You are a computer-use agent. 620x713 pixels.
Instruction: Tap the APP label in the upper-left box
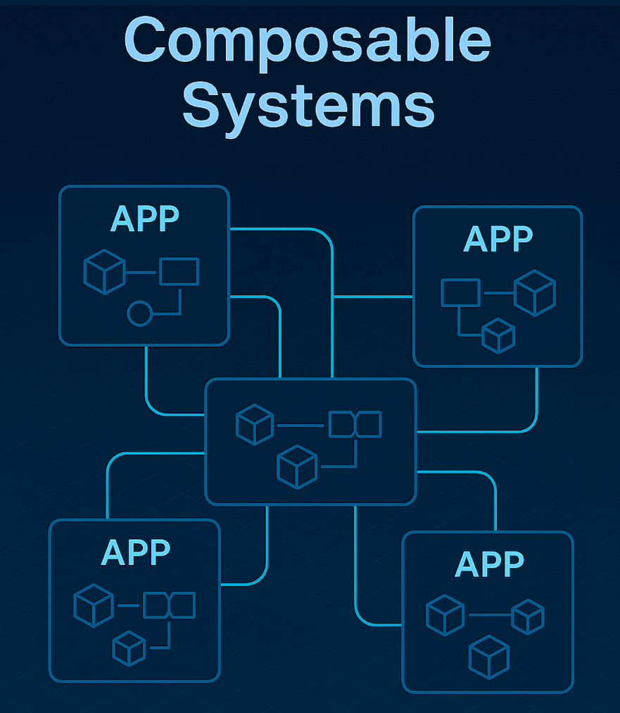pos(144,219)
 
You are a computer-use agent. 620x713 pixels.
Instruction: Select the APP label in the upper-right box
pos(498,240)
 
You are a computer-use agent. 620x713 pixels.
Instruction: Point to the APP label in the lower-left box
pos(135,552)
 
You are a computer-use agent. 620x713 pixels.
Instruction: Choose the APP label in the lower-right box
pos(489,564)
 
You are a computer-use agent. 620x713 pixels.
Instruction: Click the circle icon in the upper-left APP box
pos(139,313)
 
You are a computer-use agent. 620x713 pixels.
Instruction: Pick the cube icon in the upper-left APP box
pos(104,273)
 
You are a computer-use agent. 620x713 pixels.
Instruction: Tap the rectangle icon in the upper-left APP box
pos(179,271)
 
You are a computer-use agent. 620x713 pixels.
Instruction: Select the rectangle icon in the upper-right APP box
pos(460,292)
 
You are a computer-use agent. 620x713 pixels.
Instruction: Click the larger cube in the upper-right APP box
pos(535,292)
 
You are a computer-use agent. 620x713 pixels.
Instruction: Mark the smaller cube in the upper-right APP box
pos(499,335)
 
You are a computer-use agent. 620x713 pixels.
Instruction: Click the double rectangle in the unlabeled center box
pos(355,424)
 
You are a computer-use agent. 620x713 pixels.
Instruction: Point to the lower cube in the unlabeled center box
pos(297,466)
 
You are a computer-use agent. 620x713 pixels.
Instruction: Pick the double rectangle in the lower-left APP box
pos(169,605)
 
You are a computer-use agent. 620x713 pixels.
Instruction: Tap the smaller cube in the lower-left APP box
pos(129,648)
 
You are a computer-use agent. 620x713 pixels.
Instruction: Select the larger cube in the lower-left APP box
pos(94,605)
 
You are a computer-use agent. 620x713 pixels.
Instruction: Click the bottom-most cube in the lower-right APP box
pos(489,657)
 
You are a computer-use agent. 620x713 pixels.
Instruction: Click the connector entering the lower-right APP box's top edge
pos(495,504)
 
